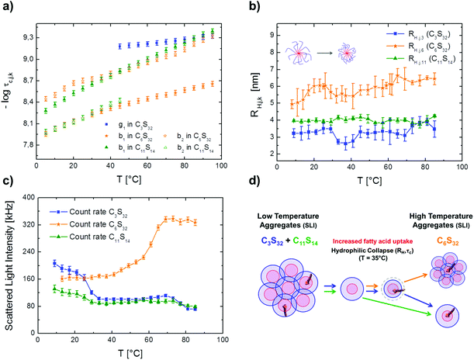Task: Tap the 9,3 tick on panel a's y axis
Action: (25, 37)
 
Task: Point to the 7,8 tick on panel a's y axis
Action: (25, 144)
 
